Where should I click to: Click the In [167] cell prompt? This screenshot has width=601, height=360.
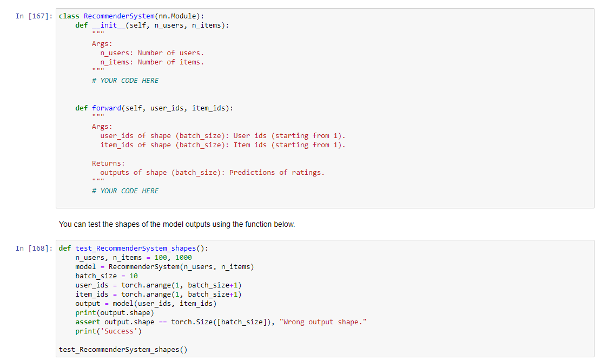coord(34,16)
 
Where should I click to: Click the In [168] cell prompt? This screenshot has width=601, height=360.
coord(34,248)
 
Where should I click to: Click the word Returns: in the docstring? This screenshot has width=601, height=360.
coord(108,163)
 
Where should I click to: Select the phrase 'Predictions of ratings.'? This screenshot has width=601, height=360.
coord(277,173)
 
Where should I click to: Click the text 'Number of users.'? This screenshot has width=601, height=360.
coord(171,53)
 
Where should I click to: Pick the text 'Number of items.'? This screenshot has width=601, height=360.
coord(171,62)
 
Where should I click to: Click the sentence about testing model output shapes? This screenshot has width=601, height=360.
coord(177,224)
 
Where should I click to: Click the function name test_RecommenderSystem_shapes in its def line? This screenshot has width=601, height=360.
coord(135,248)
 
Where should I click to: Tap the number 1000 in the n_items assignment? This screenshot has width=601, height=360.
coord(183,258)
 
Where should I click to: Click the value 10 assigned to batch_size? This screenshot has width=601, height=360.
coord(134,276)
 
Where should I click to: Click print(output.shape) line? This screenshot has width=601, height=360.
coord(115,313)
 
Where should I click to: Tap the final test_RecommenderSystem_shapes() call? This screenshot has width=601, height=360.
coord(123,350)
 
